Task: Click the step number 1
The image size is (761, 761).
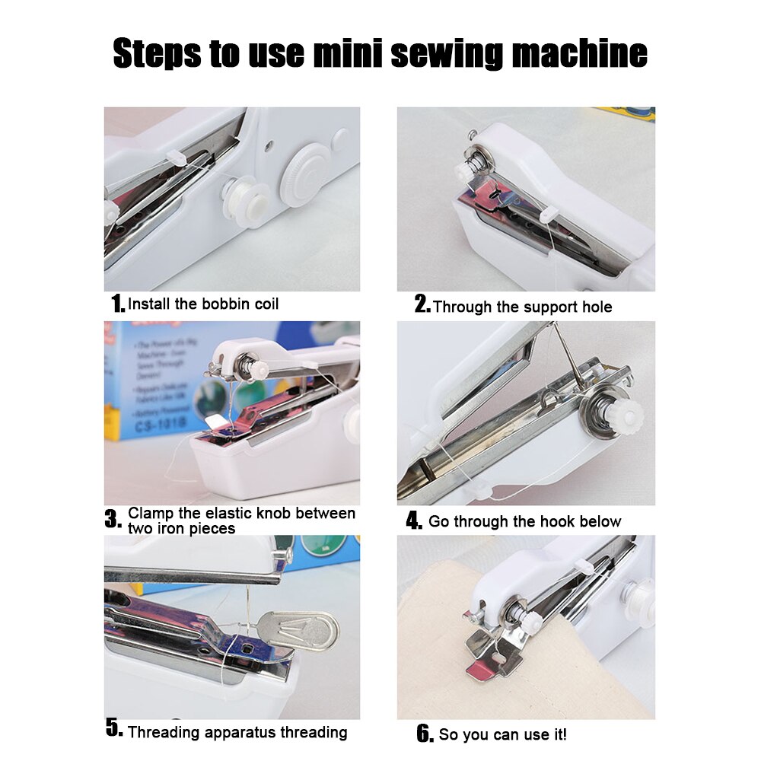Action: coord(118,304)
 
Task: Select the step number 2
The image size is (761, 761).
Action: coord(422,306)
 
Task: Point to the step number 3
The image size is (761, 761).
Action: coord(113,521)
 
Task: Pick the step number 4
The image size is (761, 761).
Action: coord(414,521)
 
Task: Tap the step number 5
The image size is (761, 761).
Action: coord(114,731)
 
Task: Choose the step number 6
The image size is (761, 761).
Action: coord(425,734)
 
